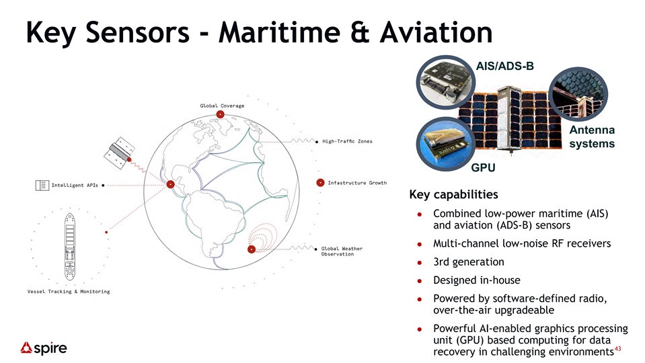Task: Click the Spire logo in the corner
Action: [44, 348]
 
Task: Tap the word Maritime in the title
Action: [279, 32]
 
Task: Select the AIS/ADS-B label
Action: [504, 66]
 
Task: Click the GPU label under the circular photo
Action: [483, 168]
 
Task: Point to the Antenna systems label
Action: [592, 137]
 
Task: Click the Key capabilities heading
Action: [453, 194]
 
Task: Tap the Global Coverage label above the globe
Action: [222, 106]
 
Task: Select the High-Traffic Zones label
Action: [347, 141]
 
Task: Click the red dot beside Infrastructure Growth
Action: [320, 183]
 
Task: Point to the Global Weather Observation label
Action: [342, 251]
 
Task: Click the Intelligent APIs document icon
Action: [42, 186]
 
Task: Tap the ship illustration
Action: [70, 247]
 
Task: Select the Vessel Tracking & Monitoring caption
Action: [69, 292]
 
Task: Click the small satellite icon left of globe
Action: [119, 153]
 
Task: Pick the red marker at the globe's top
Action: [221, 114]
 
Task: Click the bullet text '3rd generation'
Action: [469, 262]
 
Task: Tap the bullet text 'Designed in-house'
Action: [477, 280]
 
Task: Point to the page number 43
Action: [617, 349]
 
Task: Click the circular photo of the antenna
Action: [578, 93]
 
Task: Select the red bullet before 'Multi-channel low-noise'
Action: [420, 244]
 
